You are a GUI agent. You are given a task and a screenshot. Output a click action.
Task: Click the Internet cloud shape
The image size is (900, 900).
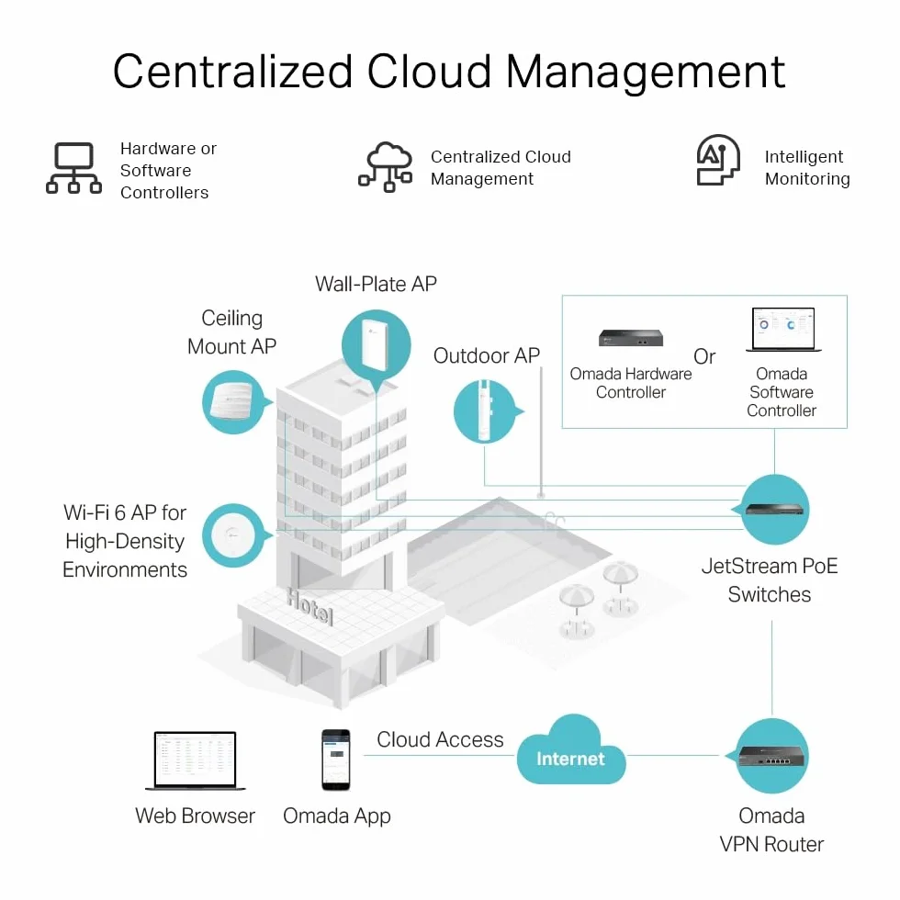(x=571, y=752)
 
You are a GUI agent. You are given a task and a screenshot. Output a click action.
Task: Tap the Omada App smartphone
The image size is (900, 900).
(x=336, y=760)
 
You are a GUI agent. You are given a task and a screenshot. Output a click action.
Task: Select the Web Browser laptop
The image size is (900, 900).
(x=195, y=761)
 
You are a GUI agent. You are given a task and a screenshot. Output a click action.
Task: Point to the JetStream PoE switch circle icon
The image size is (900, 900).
(x=773, y=509)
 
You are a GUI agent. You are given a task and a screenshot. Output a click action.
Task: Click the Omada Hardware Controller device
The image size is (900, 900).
(x=631, y=338)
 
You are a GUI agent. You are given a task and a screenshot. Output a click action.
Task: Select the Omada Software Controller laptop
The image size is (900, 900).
(x=783, y=330)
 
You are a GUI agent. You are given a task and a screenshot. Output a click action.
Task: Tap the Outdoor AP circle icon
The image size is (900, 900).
(x=486, y=411)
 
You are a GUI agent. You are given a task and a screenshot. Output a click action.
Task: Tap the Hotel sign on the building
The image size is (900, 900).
(x=309, y=606)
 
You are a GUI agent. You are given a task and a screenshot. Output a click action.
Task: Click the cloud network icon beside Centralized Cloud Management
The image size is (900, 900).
(x=386, y=166)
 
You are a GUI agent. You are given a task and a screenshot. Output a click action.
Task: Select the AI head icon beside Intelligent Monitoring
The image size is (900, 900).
(x=718, y=160)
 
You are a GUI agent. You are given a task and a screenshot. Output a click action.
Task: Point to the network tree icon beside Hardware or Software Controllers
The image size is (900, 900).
(x=74, y=168)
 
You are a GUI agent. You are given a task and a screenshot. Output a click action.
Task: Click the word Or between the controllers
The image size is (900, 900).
(x=704, y=356)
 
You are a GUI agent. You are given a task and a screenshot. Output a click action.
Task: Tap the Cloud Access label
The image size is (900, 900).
(x=440, y=739)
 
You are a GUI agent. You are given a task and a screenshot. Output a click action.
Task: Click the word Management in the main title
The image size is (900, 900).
(x=645, y=73)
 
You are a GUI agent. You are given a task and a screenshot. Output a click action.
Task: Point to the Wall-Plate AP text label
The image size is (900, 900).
(x=376, y=284)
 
